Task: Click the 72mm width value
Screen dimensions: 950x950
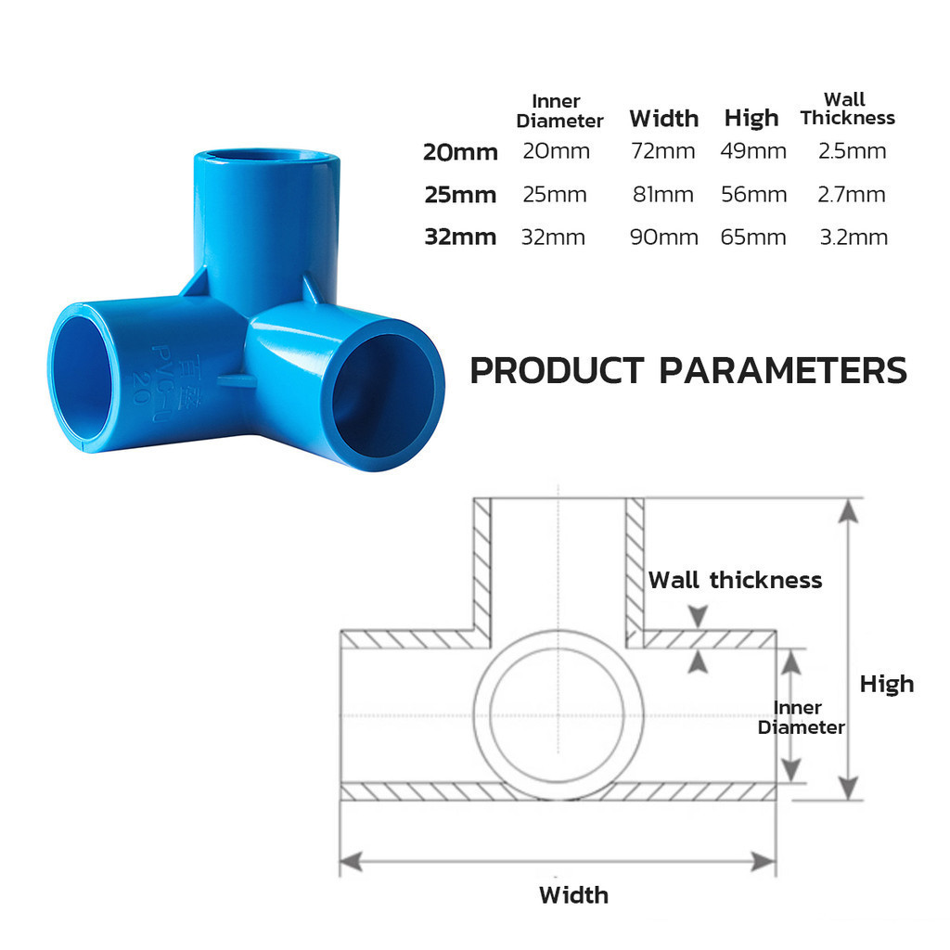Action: (x=662, y=151)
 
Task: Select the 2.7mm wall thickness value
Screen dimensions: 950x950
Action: (x=852, y=195)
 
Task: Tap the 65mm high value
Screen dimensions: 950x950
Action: (x=753, y=237)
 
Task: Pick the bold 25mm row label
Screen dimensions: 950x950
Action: (x=460, y=195)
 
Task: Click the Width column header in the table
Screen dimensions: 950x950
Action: (x=664, y=118)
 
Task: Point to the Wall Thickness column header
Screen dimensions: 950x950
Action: (x=847, y=109)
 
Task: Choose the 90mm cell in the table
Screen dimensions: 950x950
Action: (x=664, y=237)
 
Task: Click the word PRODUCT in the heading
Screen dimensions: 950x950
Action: (x=557, y=370)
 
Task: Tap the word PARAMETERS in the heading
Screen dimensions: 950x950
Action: (x=782, y=370)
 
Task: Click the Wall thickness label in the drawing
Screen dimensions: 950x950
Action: (x=735, y=580)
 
